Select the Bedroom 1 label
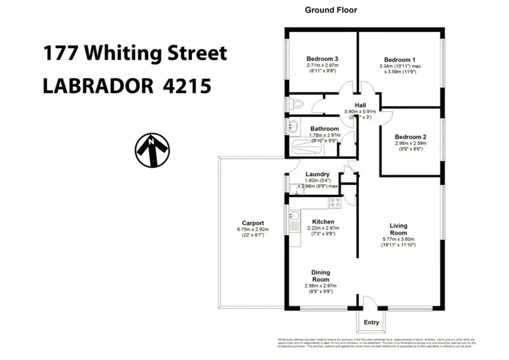point(400,59)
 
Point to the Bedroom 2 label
point(411,137)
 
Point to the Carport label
point(253,223)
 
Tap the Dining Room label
point(320,276)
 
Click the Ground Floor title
point(331,10)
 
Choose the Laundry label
point(318,174)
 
